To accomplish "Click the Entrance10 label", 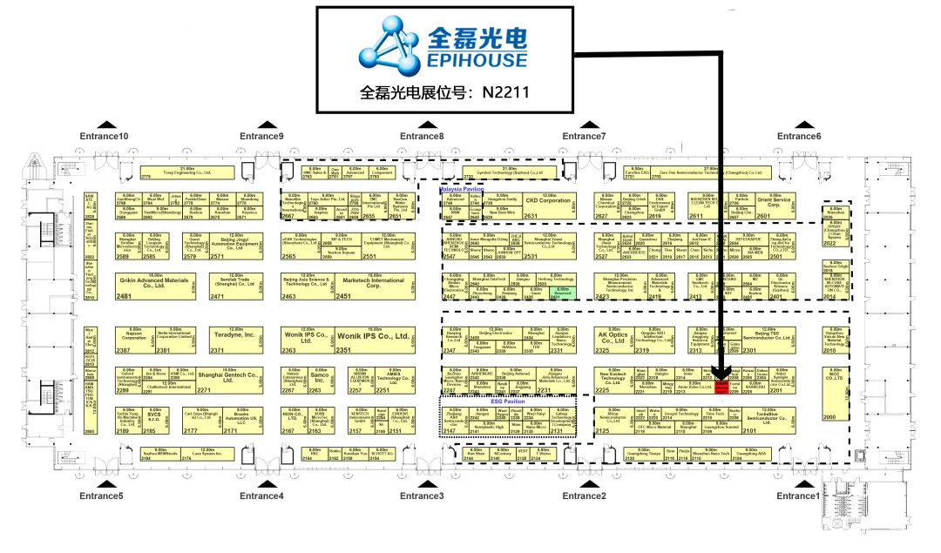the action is (x=104, y=136).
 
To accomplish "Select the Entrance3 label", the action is (x=423, y=496).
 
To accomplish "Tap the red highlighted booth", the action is (x=721, y=387).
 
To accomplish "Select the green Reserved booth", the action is (x=563, y=293).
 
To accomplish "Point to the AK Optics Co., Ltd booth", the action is (x=613, y=338).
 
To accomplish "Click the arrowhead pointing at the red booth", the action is (x=722, y=372).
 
